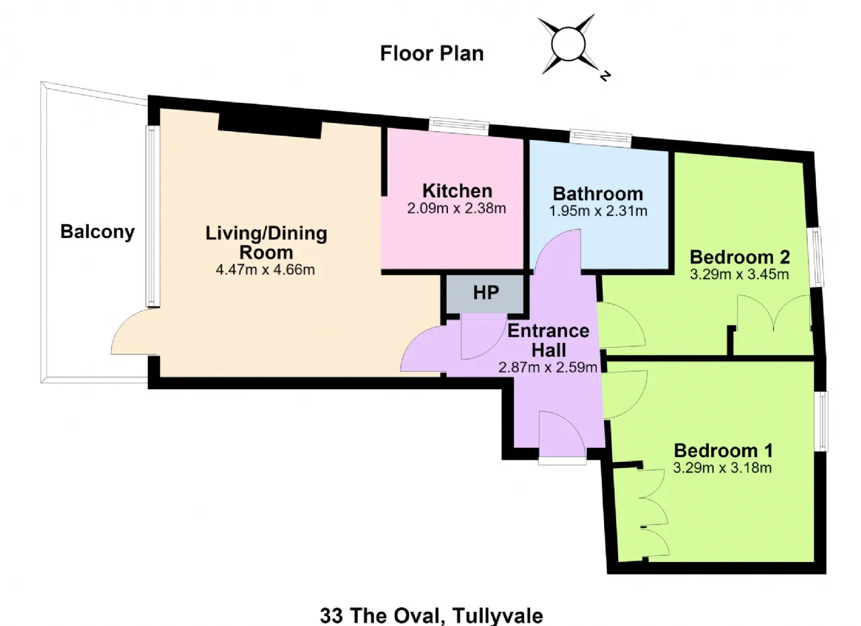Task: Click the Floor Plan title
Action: (432, 53)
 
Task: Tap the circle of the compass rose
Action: (568, 44)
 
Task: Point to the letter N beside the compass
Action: (605, 76)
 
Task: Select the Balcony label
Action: (98, 232)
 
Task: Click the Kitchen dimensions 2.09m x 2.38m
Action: (456, 208)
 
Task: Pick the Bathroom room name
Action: (598, 194)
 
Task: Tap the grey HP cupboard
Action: (486, 294)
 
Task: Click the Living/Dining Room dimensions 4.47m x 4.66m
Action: (265, 270)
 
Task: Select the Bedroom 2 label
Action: (740, 257)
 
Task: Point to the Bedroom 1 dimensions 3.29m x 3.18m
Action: (722, 468)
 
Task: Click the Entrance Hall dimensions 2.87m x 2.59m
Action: (548, 367)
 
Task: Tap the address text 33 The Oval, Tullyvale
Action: (432, 615)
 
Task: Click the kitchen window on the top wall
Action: (459, 126)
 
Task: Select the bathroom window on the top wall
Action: (601, 139)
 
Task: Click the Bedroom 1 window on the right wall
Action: (821, 421)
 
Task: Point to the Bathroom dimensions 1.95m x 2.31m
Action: (598, 211)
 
